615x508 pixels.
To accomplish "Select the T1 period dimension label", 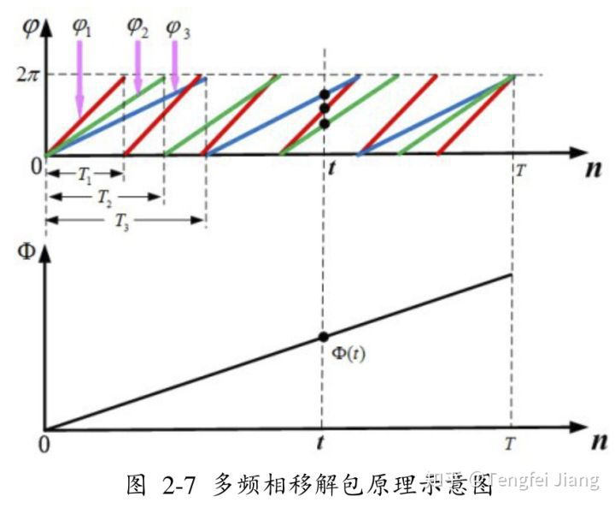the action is click(85, 174).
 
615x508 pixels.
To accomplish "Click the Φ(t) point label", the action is click(348, 352).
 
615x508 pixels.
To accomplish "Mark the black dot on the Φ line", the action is click(324, 338).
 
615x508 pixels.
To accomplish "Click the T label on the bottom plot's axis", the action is click(510, 444).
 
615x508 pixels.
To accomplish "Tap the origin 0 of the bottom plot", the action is click(37, 444).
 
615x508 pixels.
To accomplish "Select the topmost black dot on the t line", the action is click(325, 94).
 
